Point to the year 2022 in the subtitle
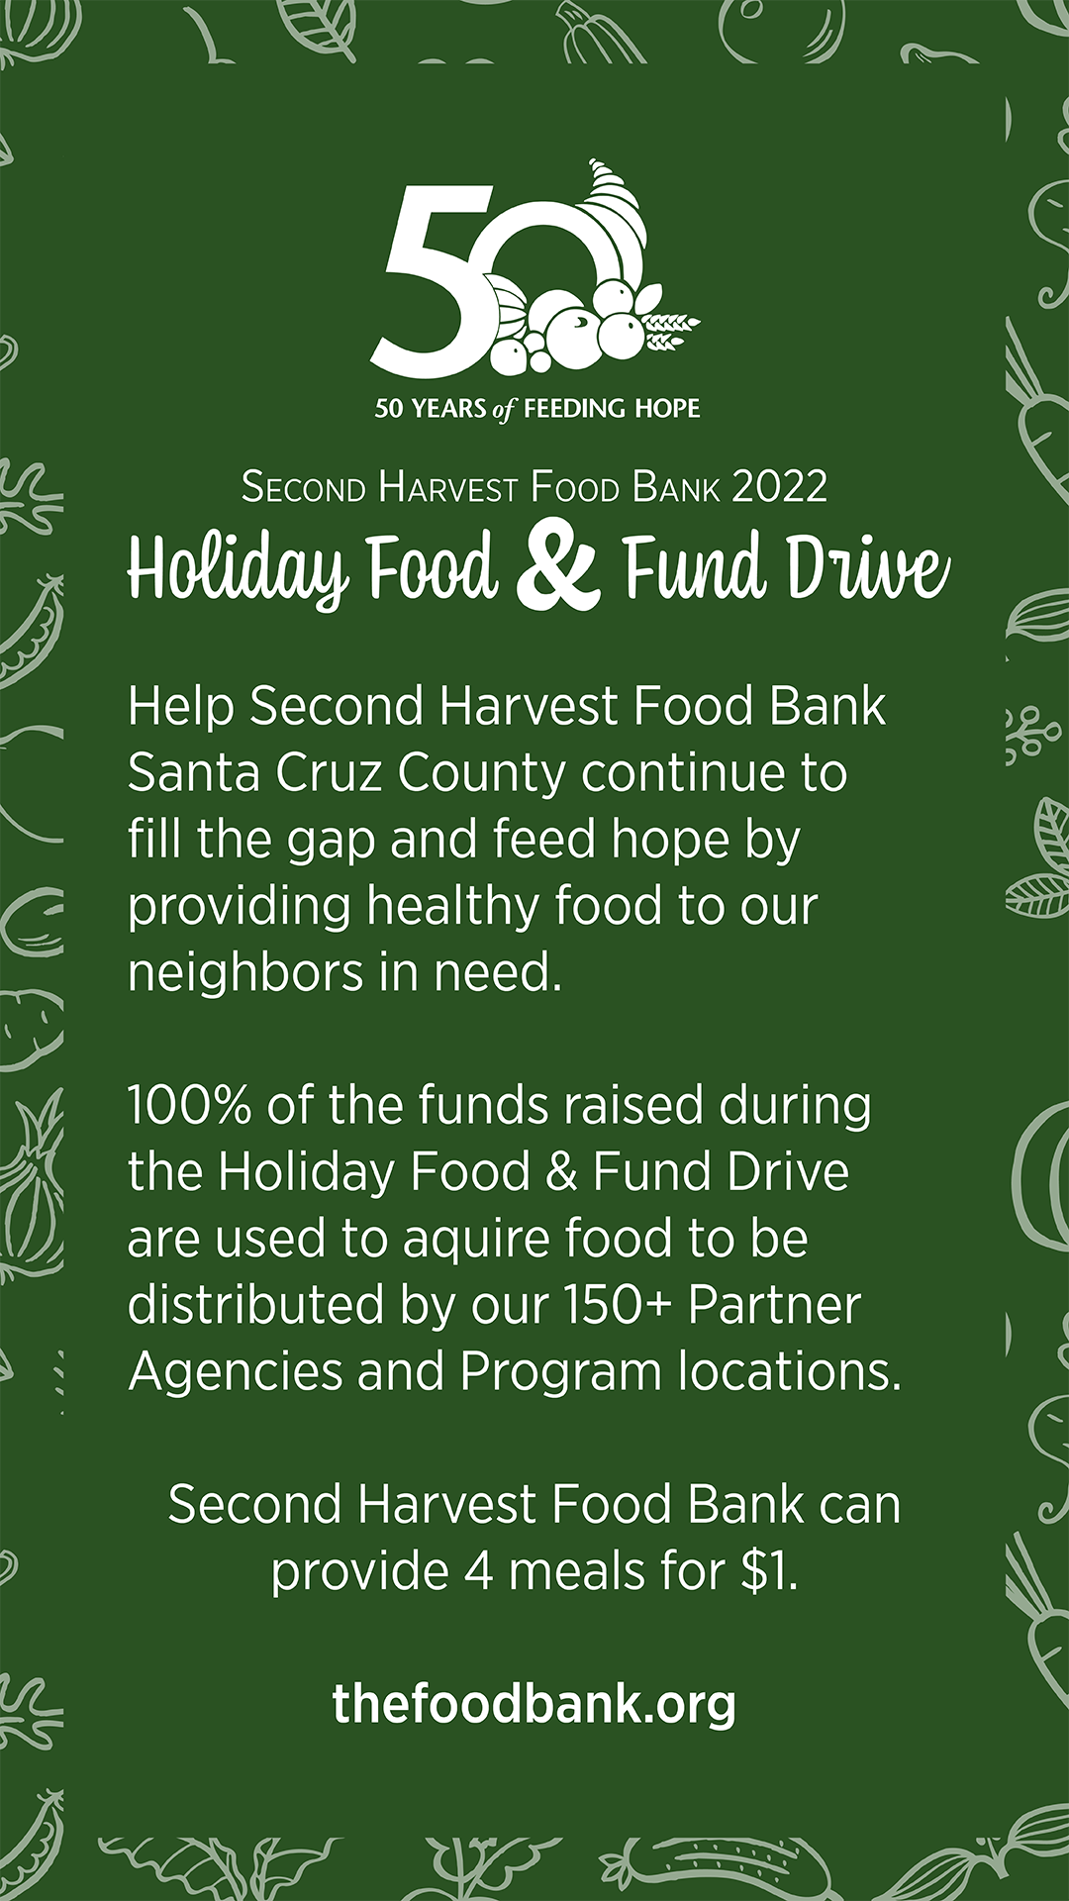pyautogui.click(x=779, y=487)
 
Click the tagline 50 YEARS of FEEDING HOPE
pyautogui.click(x=536, y=409)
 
